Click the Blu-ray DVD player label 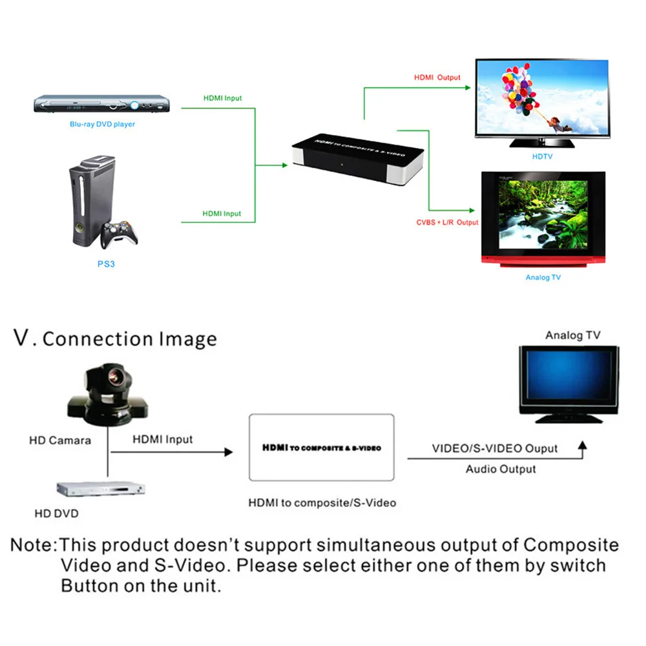[x=102, y=124]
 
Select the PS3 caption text [x=105, y=264]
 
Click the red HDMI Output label [x=437, y=78]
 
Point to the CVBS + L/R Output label [x=447, y=222]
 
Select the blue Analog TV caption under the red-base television [x=543, y=277]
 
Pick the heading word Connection [x=98, y=339]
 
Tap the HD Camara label [x=60, y=441]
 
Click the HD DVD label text [x=56, y=514]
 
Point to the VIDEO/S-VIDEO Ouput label [x=495, y=448]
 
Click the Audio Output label [x=501, y=469]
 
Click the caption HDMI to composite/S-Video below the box [x=322, y=503]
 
